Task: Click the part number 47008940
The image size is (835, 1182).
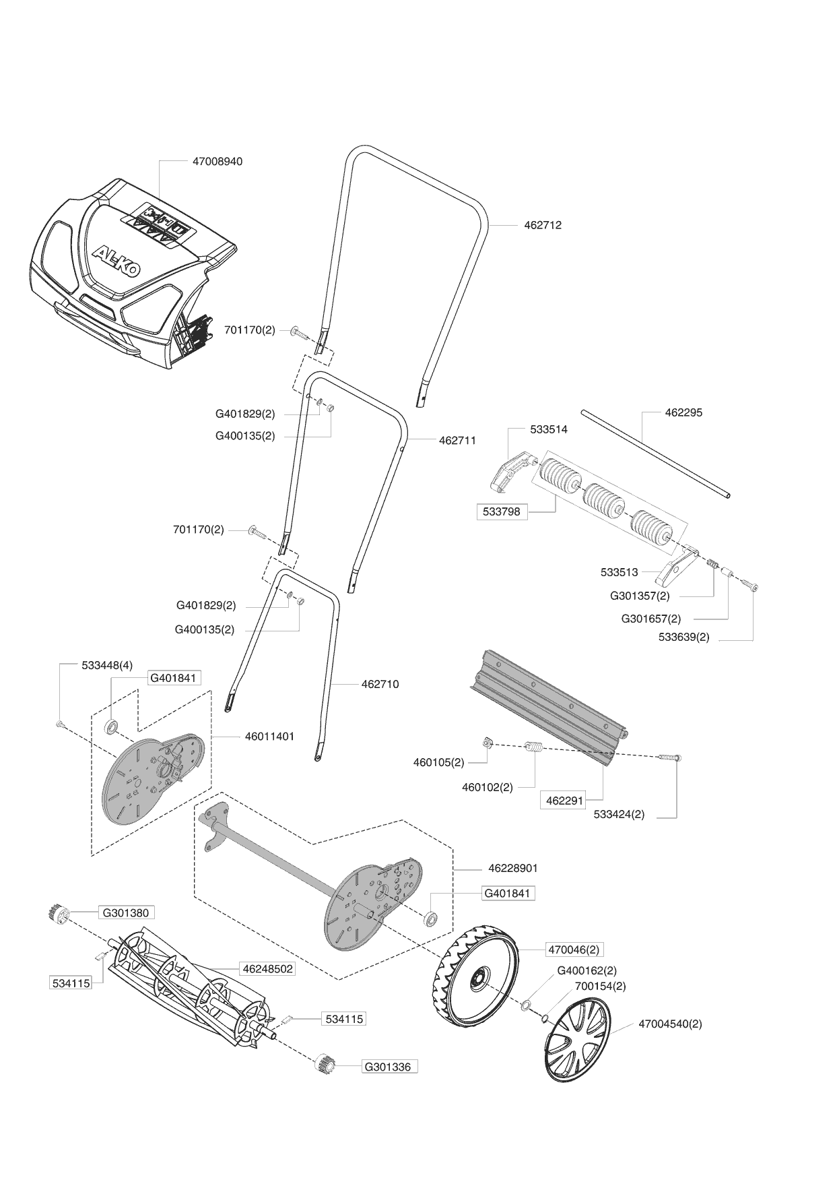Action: pos(218,162)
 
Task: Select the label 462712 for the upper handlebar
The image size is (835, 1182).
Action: pos(543,225)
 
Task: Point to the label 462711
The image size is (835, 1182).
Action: pos(457,441)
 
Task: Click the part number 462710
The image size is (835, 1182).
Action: pos(380,684)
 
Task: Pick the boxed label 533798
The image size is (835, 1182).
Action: pos(502,511)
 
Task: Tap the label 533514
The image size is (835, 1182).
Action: pos(548,429)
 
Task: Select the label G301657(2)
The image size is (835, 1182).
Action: pos(651,619)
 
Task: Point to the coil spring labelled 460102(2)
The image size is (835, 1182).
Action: pos(534,749)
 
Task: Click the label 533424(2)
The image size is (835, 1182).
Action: pos(619,814)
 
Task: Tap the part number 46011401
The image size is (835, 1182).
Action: pos(269,737)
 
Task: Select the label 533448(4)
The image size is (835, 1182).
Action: pos(106,665)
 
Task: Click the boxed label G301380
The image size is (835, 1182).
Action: pos(127,913)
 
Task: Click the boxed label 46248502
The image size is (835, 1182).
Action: pos(267,969)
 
